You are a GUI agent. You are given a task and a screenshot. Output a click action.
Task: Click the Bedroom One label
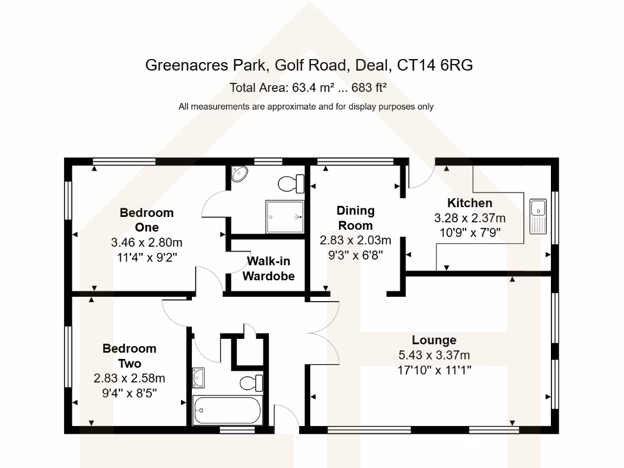coord(147,220)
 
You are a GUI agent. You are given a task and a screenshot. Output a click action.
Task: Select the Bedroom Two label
coord(129,356)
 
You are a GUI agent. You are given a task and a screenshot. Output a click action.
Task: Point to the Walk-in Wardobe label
coord(269,269)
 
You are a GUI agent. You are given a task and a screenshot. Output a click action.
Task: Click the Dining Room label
coord(356,218)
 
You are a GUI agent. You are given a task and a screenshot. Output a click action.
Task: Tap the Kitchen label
coord(470,203)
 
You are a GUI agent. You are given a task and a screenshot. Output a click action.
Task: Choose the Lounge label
coord(434,340)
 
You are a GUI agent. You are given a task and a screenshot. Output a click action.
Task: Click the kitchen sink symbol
coord(538,216)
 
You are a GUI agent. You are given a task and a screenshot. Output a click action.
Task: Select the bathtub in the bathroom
coord(227,411)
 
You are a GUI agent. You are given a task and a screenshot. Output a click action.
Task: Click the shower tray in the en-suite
coord(285,216)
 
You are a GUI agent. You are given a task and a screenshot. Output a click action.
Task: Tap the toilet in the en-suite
coord(291,183)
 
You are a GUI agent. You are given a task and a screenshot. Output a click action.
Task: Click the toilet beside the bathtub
coord(251,383)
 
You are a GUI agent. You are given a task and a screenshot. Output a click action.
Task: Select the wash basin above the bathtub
coord(199,378)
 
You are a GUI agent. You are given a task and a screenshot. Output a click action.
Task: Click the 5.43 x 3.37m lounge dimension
coord(434,355)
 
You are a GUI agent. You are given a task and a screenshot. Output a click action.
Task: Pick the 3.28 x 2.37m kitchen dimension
coord(470,218)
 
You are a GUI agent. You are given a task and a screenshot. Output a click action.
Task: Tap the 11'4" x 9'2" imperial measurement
coord(147,257)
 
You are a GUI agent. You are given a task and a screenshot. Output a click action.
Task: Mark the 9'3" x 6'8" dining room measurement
coord(356,254)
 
